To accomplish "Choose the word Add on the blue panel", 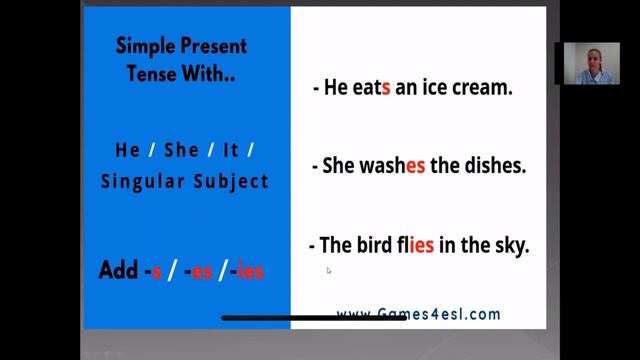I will pos(118,270).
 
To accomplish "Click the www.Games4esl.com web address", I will pos(418,314).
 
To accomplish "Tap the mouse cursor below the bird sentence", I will pos(329,270).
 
